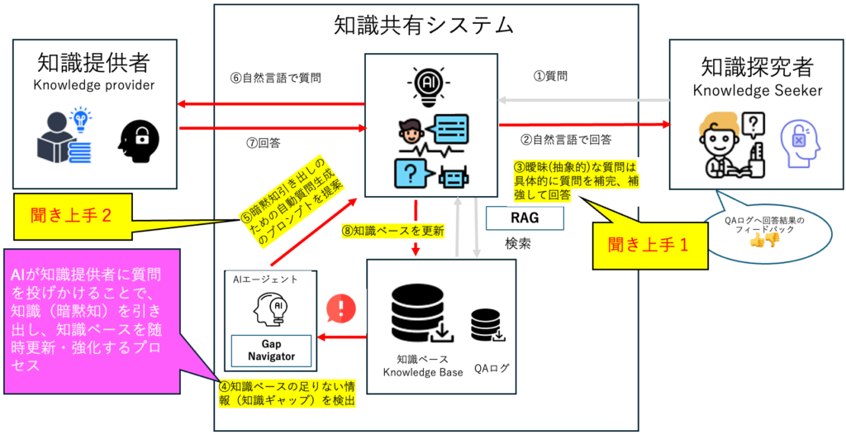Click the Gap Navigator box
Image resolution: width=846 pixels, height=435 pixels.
(270, 350)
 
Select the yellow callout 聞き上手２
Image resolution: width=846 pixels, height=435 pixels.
(76, 217)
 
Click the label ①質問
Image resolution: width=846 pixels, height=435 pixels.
(551, 77)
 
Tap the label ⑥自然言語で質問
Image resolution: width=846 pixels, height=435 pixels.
(275, 79)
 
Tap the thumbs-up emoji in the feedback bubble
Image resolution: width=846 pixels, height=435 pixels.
(755, 241)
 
